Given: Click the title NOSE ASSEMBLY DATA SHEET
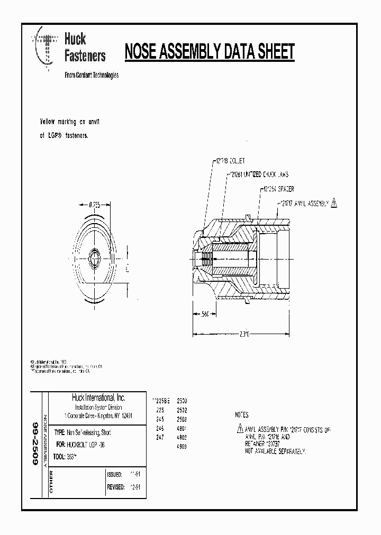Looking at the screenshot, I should [x=209, y=52].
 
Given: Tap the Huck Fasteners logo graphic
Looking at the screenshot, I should [x=46, y=51].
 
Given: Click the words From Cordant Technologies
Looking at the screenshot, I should [x=91, y=75].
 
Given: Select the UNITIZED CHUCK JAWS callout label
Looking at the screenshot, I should [x=261, y=174].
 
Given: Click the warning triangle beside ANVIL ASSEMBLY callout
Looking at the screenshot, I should [x=335, y=202].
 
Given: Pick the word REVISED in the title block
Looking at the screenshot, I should [x=115, y=487].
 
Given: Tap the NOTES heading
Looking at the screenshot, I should [x=241, y=416].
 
